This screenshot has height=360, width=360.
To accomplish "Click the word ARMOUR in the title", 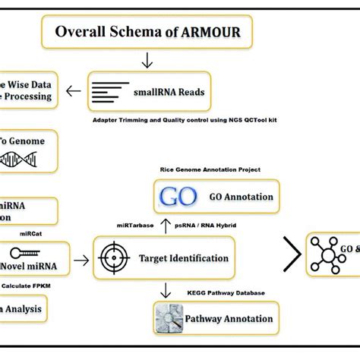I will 209,33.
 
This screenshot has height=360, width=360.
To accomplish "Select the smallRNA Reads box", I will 146,92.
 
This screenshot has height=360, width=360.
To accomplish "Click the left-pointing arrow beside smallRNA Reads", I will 74,92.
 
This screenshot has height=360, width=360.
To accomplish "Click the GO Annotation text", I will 241,197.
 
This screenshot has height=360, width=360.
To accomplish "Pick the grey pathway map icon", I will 171,315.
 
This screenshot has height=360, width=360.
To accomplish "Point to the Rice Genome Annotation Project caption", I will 210,169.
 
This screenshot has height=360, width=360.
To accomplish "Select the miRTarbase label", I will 136,226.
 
